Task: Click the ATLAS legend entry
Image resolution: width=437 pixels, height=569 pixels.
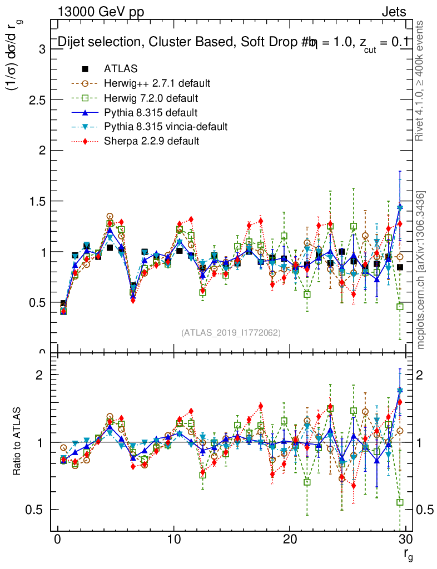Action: pos(121,69)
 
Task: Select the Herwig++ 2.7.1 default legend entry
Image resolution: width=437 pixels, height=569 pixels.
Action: pos(157,83)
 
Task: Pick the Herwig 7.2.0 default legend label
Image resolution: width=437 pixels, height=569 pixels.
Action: pos(151,98)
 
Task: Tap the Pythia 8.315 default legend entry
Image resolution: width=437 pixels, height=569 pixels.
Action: pos(151,112)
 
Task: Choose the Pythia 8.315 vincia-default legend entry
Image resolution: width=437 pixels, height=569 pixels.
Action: pos(165,127)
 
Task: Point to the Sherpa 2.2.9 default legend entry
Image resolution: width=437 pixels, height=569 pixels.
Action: pos(151,141)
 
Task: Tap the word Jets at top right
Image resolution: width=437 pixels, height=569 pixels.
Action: pos(393,12)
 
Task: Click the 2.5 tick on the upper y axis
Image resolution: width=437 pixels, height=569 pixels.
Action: pos(38,100)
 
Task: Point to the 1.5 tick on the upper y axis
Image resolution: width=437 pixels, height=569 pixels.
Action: pos(38,201)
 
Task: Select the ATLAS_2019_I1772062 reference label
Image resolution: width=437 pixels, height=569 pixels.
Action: pos(231,333)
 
